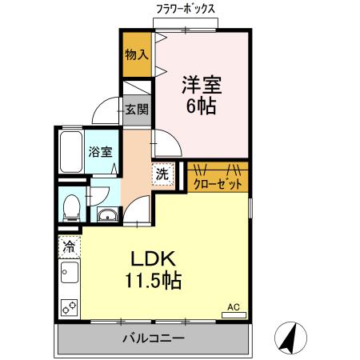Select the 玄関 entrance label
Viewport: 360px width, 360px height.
click(135, 109)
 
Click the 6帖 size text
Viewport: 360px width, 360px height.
click(201, 106)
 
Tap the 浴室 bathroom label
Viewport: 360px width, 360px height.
click(99, 151)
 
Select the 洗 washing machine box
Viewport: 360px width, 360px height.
click(162, 173)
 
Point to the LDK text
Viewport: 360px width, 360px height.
click(151, 260)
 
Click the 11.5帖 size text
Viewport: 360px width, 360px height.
click(151, 281)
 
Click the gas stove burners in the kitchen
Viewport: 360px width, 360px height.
click(68, 306)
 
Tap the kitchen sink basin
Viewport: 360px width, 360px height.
click(68, 276)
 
